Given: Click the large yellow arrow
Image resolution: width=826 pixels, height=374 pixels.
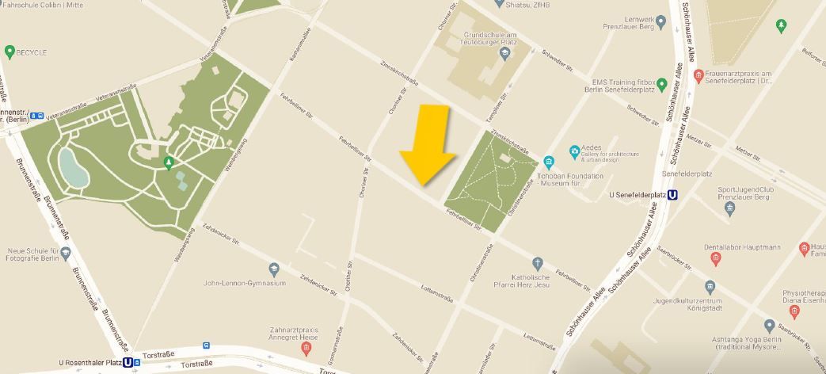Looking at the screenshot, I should point(428,145).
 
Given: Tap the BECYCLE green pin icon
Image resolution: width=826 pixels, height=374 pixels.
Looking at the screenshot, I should point(10,52).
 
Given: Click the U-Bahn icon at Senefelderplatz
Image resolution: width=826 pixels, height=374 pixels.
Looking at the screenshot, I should point(673,195).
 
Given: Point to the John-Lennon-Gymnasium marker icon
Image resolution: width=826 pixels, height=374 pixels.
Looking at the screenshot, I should point(274,269).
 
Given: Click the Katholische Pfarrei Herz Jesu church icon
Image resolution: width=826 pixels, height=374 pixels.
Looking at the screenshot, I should point(538,263).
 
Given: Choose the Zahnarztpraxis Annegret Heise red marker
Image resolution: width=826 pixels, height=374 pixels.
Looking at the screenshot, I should point(306,349).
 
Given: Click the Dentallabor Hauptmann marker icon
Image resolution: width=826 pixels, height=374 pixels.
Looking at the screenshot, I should point(716,258).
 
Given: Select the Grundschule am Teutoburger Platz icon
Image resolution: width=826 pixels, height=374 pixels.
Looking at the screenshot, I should point(504,52).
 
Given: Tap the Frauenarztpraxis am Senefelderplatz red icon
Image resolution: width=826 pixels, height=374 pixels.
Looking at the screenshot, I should point(698,76).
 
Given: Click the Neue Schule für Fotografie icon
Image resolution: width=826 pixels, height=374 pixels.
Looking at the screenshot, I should point(65,254).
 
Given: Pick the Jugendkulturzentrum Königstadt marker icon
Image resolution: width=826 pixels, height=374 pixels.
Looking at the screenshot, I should point(710,287).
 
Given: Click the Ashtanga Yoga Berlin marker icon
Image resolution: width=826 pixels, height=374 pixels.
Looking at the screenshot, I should point(769,325).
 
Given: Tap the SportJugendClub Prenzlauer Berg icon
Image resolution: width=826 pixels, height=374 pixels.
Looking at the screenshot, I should point(730,208).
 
